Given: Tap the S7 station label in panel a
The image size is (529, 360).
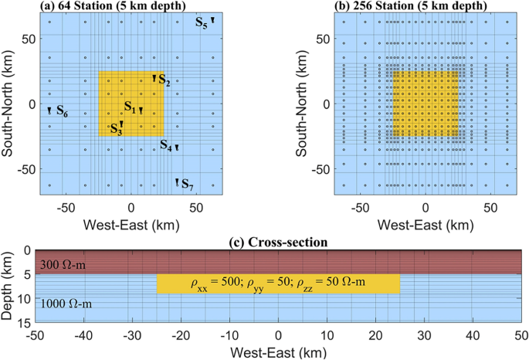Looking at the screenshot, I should [188, 186].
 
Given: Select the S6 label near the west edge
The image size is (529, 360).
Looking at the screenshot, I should [62, 113].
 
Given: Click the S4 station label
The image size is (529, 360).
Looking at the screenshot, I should [166, 144].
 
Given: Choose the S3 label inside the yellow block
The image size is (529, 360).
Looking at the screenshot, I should [115, 129].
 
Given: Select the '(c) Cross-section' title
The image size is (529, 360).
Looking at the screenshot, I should [280, 243].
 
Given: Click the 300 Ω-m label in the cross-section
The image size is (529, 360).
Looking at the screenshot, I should [65, 266].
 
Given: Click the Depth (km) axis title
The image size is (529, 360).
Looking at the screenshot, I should [9, 285].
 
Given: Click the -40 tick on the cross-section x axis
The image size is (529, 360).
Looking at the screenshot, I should [84, 335].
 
